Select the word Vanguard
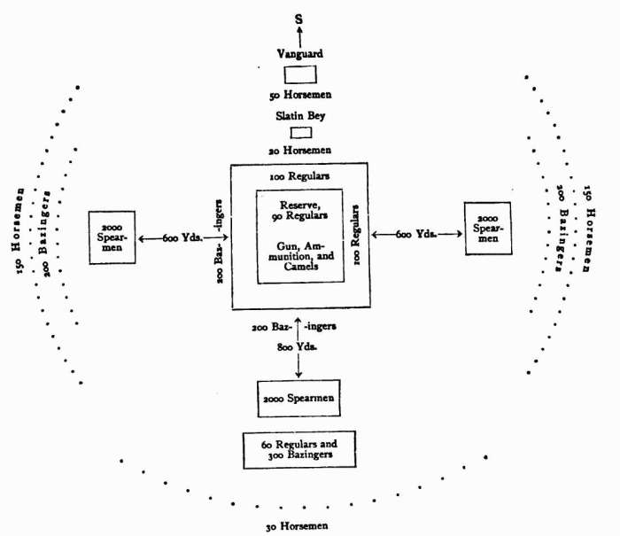coord(299,54)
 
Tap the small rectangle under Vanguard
coord(299,74)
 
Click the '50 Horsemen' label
coord(299,94)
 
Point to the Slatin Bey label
coord(300,115)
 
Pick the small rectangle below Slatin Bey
coord(301,133)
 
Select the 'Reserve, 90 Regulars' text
coord(300,209)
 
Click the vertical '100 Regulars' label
coord(355,233)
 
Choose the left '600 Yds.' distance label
coord(182,238)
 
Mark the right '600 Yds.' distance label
coord(415,234)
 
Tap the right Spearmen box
coord(487,229)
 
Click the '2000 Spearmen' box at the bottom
coord(298,399)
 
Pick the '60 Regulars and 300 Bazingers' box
coord(299,449)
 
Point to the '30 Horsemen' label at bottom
coord(298,525)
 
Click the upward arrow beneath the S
coord(299,35)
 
